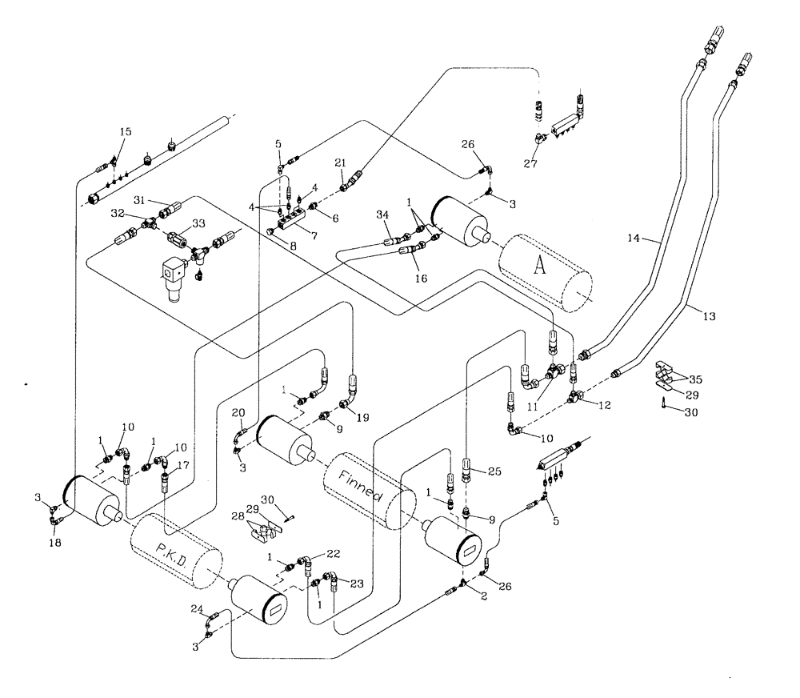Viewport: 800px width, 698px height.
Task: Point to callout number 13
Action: click(x=708, y=316)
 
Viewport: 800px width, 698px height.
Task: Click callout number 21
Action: click(x=340, y=162)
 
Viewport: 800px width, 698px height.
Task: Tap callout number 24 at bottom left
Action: click(x=196, y=610)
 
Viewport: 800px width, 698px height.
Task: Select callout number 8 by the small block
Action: click(x=294, y=247)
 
